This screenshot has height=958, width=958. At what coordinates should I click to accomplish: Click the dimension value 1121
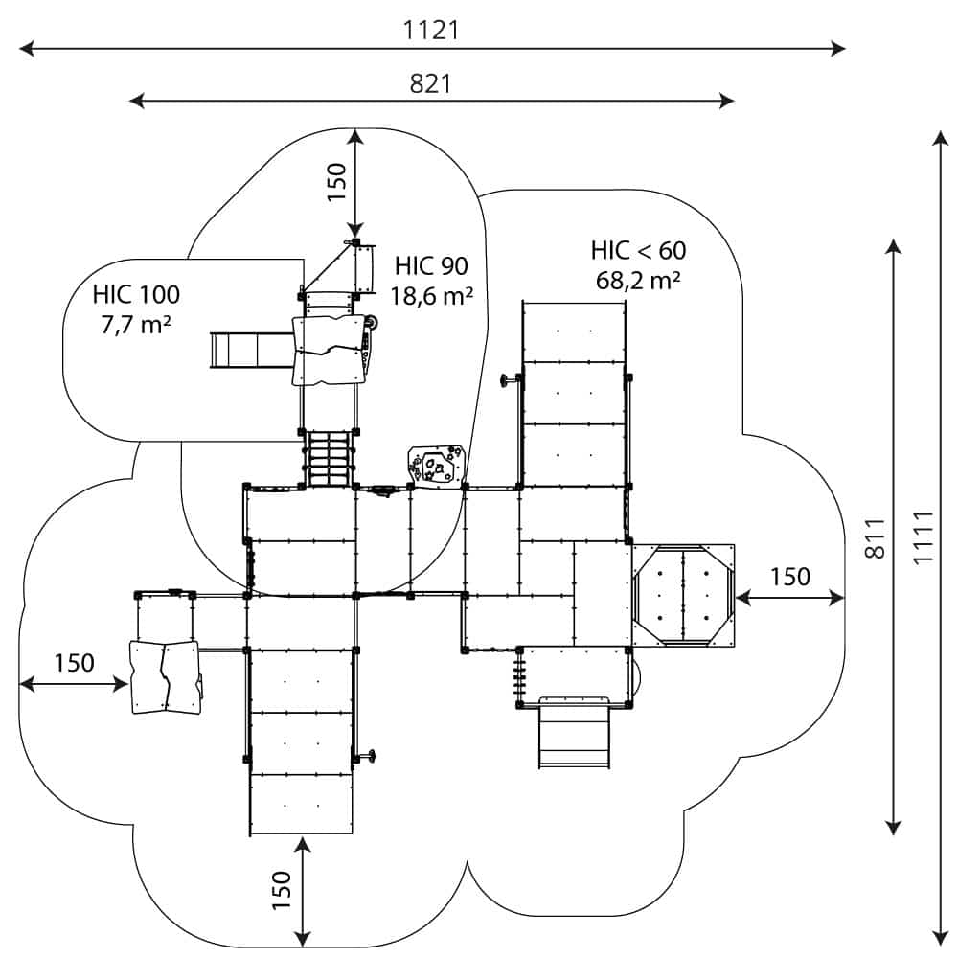tap(431, 30)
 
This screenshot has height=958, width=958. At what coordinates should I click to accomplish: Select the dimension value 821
tap(430, 83)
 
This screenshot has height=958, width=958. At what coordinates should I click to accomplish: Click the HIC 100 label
tap(136, 294)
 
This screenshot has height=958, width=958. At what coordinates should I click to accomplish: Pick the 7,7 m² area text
tap(136, 324)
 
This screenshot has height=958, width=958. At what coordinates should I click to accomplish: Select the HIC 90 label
tap(431, 265)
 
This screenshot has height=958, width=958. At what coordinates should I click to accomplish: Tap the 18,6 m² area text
tap(432, 296)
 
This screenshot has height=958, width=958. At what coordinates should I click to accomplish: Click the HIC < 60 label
tap(638, 251)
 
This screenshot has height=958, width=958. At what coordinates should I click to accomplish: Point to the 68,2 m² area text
tap(638, 281)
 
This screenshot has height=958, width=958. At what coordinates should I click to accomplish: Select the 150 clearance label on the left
tap(74, 662)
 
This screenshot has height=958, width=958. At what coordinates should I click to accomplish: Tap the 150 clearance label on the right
tap(789, 577)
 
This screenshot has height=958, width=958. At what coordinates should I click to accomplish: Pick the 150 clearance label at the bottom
tap(281, 890)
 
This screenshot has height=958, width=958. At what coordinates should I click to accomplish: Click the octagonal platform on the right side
tap(682, 594)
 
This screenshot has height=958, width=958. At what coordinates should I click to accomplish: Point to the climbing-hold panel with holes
tap(436, 466)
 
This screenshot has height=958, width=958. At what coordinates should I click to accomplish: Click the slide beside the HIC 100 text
tap(249, 350)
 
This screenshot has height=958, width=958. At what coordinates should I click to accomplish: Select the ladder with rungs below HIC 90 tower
tap(330, 459)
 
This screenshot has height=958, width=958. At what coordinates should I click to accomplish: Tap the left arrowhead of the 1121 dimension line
tap(24, 47)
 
